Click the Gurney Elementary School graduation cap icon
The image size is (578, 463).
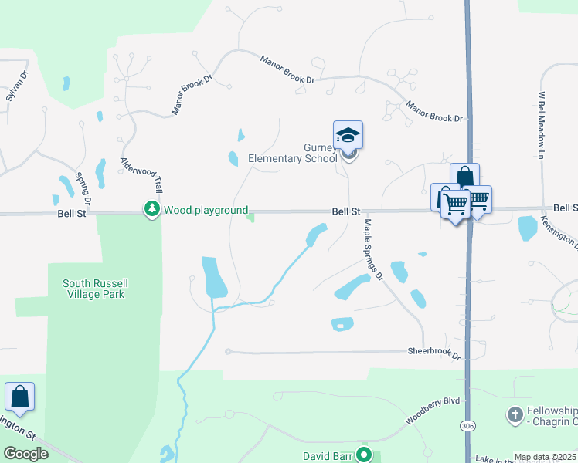pyautogui.click(x=348, y=135)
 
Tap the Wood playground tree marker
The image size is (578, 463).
pyautogui.click(x=152, y=209)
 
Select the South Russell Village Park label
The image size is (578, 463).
pyautogui.click(x=93, y=289)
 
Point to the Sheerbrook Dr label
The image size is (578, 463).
pyautogui.click(x=433, y=351)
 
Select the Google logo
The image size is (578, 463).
pyautogui.click(x=25, y=454)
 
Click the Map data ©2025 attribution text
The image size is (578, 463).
pyautogui.click(x=545, y=457)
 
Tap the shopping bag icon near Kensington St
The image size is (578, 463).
pyautogui.click(x=19, y=397)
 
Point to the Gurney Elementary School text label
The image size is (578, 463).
pyautogui.click(x=292, y=154)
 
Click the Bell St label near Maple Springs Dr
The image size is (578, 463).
pyautogui.click(x=347, y=210)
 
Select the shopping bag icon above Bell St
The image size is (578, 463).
pyautogui.click(x=464, y=177)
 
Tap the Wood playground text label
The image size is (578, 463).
pyautogui.click(x=206, y=210)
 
